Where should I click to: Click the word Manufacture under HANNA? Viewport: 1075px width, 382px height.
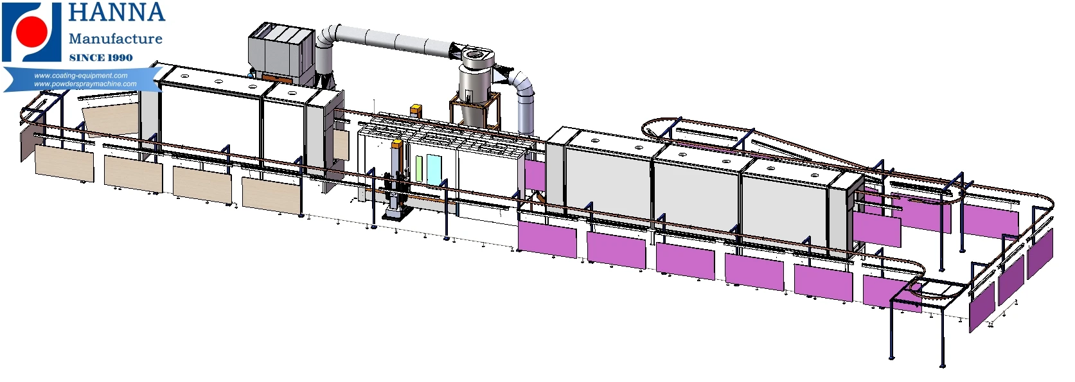(x=116, y=39)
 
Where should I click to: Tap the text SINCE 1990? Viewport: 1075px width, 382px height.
(x=101, y=58)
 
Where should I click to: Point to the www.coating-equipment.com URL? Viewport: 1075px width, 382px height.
(x=80, y=75)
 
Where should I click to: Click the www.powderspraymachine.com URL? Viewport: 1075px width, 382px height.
(x=85, y=84)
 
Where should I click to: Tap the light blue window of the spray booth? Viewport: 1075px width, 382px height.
(x=434, y=169)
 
